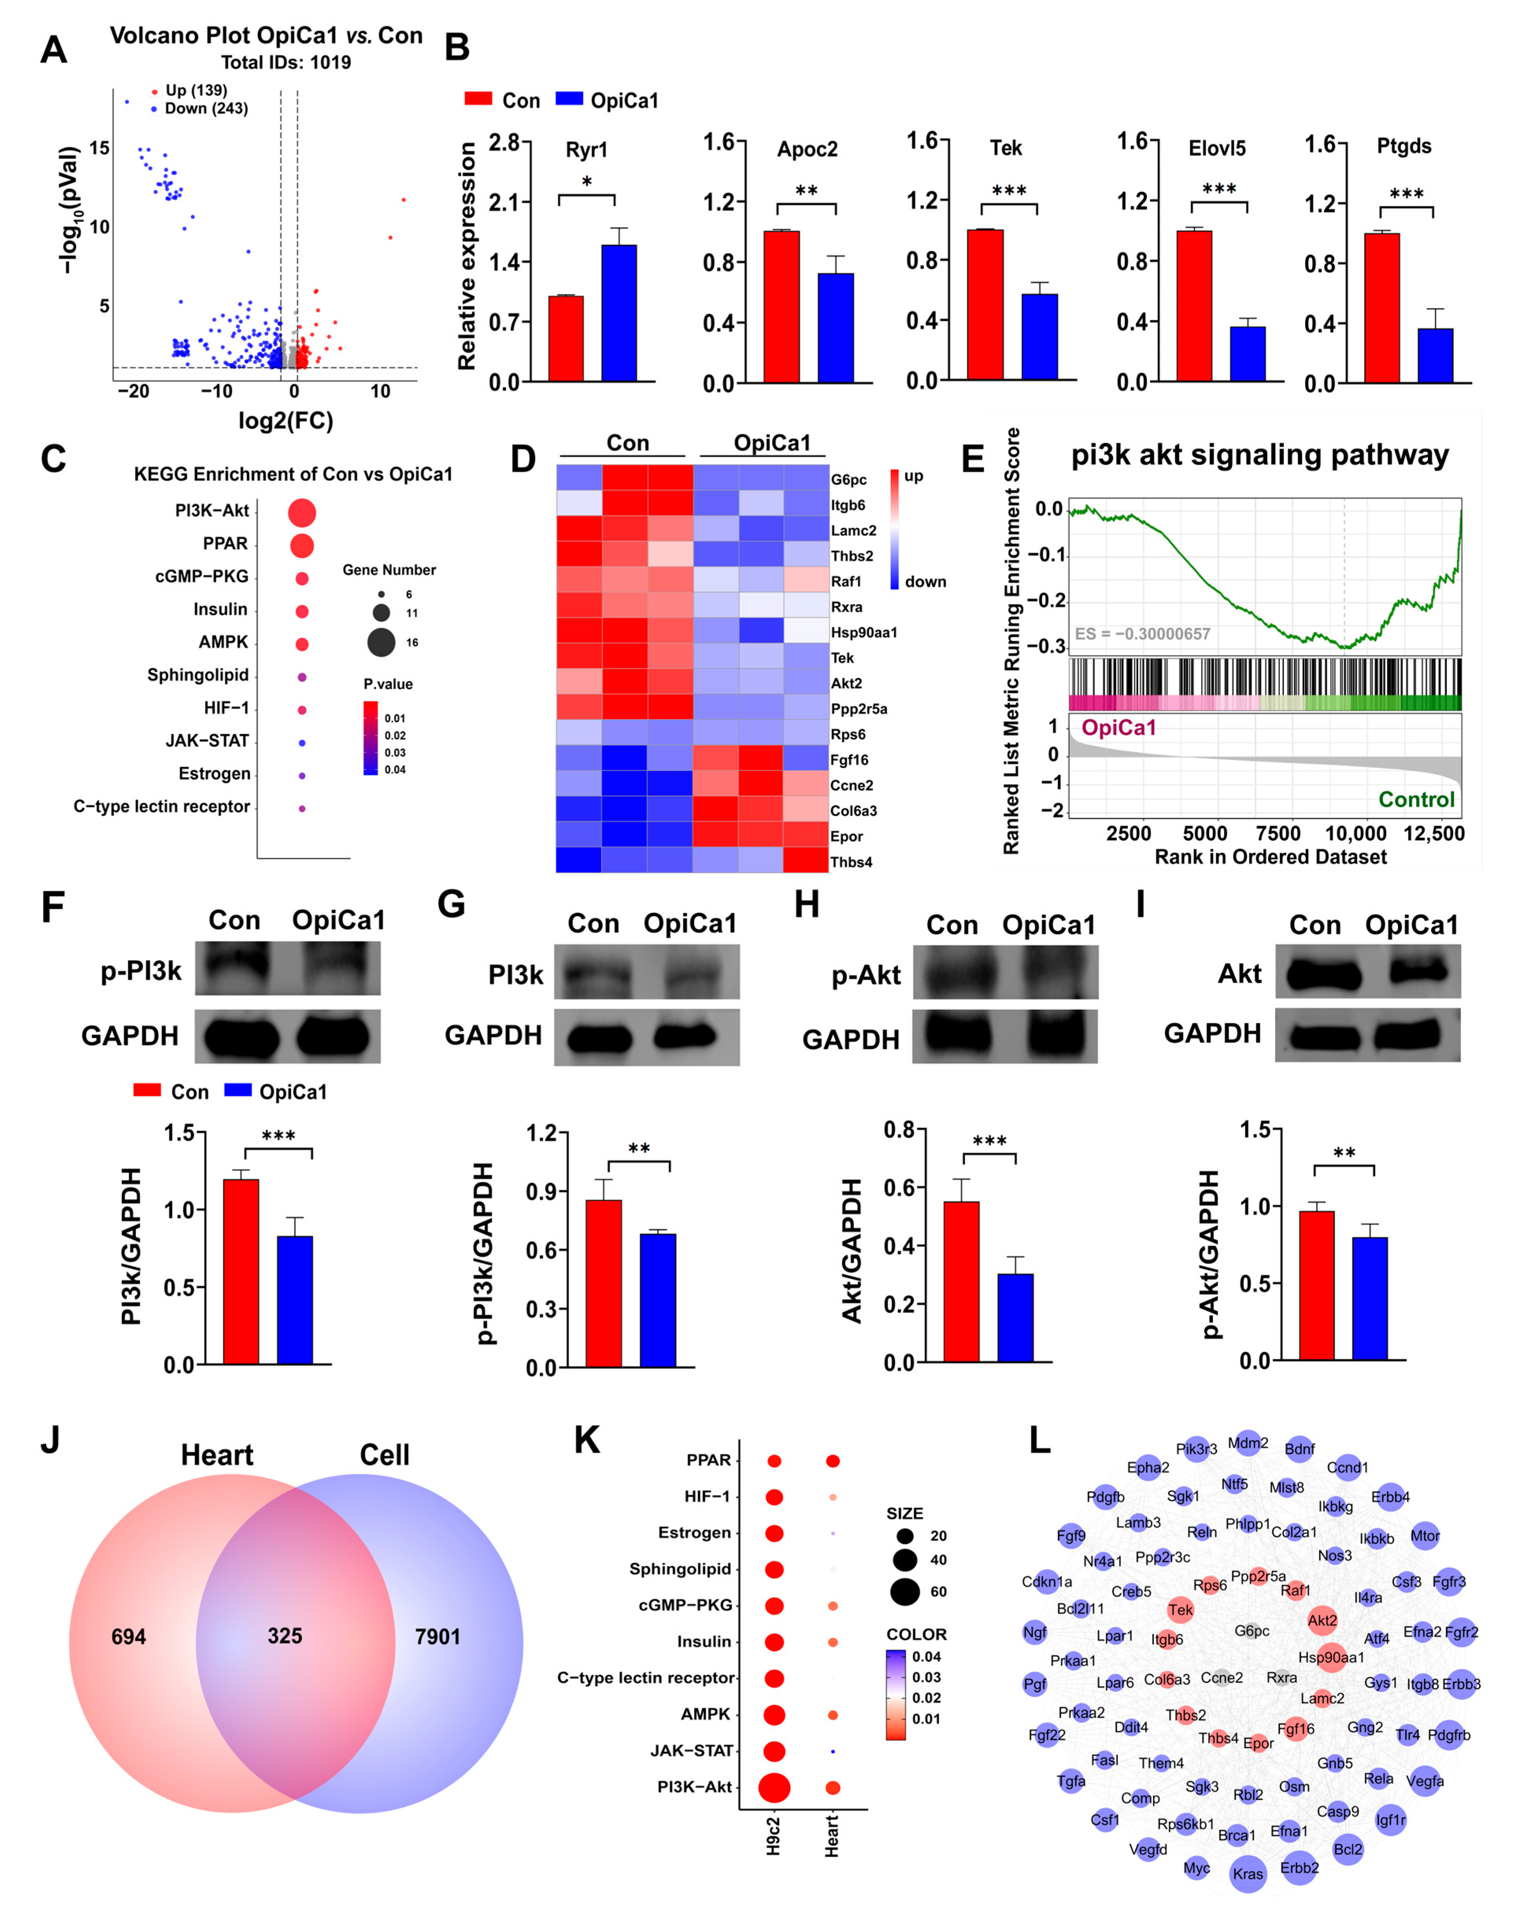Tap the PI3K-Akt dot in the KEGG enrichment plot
point(302,512)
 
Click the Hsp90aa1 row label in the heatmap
point(863,632)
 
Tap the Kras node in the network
point(1247,1873)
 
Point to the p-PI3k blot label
point(141,971)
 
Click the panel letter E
point(973,459)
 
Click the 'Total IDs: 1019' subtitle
point(286,62)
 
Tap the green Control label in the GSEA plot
point(1416,799)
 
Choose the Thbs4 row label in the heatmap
point(851,861)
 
